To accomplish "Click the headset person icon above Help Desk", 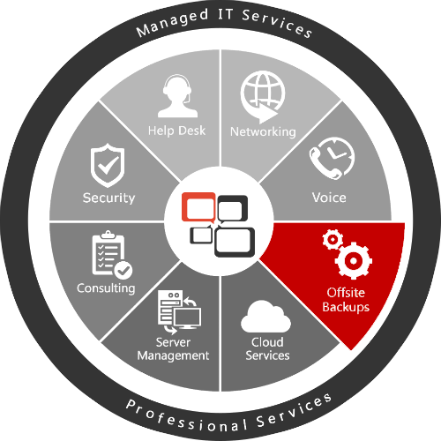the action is click(177, 96).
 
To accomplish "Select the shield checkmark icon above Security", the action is click(108, 166).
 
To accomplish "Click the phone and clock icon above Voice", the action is click(332, 158).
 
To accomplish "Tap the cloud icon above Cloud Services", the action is click(265, 317).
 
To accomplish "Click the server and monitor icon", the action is click(179, 312).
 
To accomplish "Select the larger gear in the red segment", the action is click(354, 260).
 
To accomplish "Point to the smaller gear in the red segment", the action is click(333, 239).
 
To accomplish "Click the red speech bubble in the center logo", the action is click(198, 207).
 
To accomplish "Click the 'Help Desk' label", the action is click(176, 131).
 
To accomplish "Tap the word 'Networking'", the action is click(263, 131).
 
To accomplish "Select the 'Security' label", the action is click(108, 198).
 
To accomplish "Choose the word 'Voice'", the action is click(329, 198).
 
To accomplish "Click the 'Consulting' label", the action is click(106, 288).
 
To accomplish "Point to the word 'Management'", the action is click(173, 355).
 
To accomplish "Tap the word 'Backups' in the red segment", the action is click(346, 307).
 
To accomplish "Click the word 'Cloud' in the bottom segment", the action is click(267, 342).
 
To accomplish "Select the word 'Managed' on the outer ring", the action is click(172, 23).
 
